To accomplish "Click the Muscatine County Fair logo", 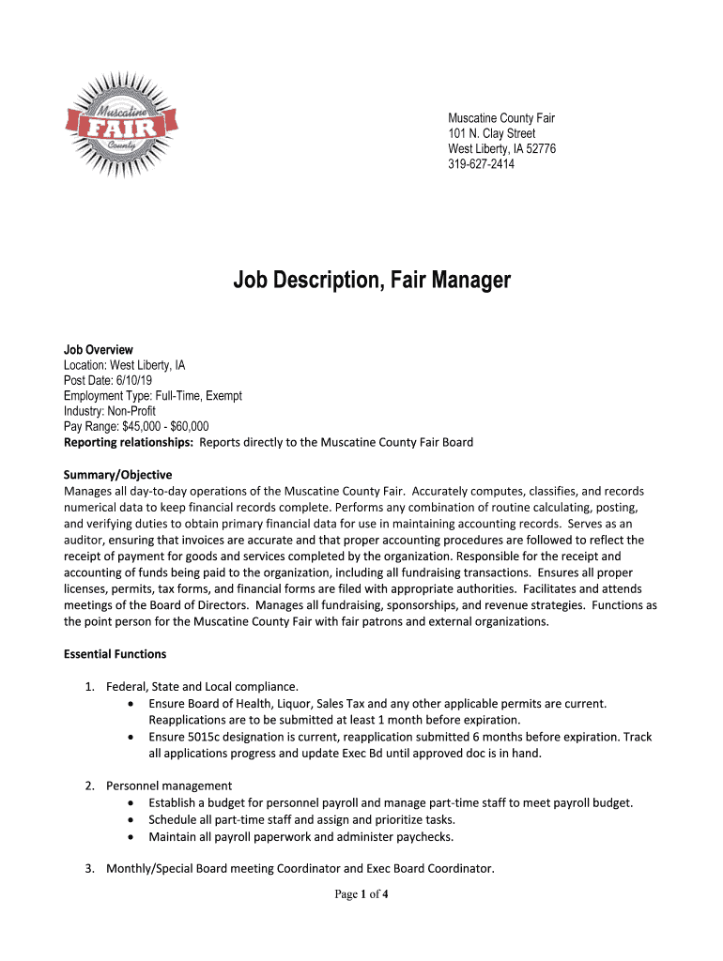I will pos(120,122).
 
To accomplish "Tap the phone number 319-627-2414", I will pos(481,164).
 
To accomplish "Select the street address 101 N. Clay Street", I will pos(491,133).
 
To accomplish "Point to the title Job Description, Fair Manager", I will pos(372,280).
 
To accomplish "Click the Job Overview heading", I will pos(99,350).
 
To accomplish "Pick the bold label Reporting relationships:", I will pos(129,442).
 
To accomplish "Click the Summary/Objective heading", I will pos(117,475).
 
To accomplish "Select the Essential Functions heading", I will pos(115,653).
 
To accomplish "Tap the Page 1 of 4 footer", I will pos(361,894).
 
